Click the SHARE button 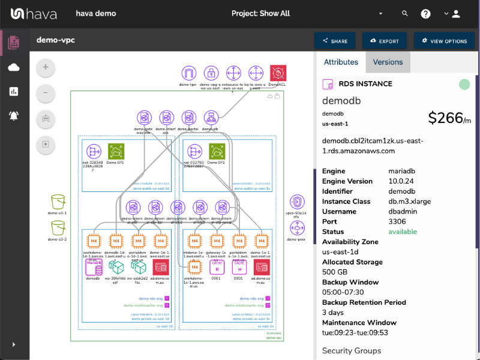[335, 41]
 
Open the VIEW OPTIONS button [445, 41]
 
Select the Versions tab [388, 62]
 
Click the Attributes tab [341, 62]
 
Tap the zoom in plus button [46, 68]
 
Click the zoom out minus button [46, 93]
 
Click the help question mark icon [425, 14]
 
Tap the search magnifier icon [405, 14]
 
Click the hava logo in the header [34, 14]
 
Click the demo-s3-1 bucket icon [58, 202]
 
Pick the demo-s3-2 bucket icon [58, 227]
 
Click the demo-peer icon [297, 228]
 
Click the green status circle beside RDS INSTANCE [464, 85]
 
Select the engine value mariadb [404, 171]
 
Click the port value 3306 [397, 221]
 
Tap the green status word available [403, 232]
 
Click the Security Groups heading [351, 350]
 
